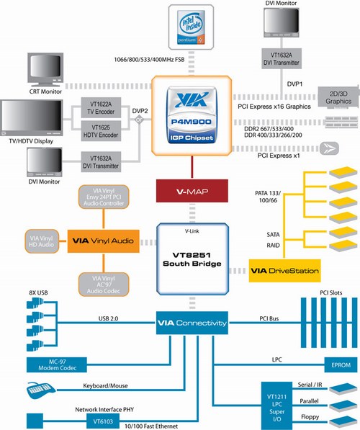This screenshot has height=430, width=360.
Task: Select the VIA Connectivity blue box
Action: click(x=192, y=323)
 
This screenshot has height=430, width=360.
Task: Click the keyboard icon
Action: click(x=45, y=390)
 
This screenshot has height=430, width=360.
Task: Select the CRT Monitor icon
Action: click(x=47, y=72)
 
